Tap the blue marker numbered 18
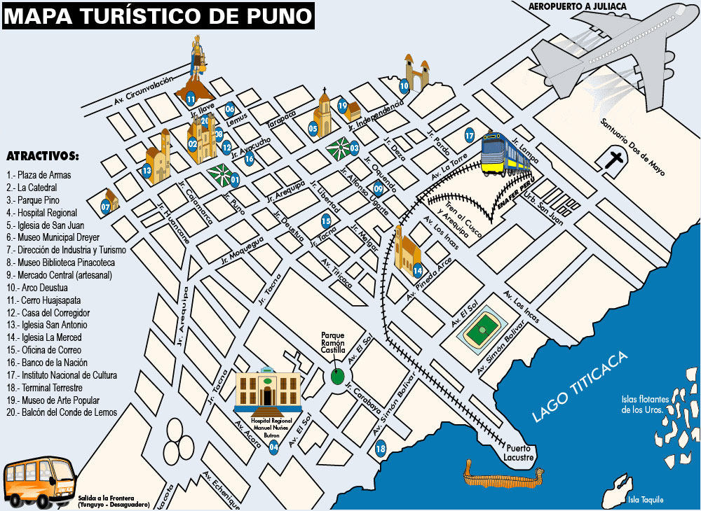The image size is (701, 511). point(381,449)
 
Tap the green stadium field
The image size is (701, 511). point(483,328)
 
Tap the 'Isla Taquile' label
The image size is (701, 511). point(645,499)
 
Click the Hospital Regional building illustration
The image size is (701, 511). point(268,390)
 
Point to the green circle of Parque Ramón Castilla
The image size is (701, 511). point(338,377)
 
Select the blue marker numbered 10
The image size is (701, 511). point(404,87)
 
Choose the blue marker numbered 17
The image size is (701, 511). point(470,135)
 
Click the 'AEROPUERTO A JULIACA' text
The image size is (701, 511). point(578,6)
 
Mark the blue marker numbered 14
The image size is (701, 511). point(418,270)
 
